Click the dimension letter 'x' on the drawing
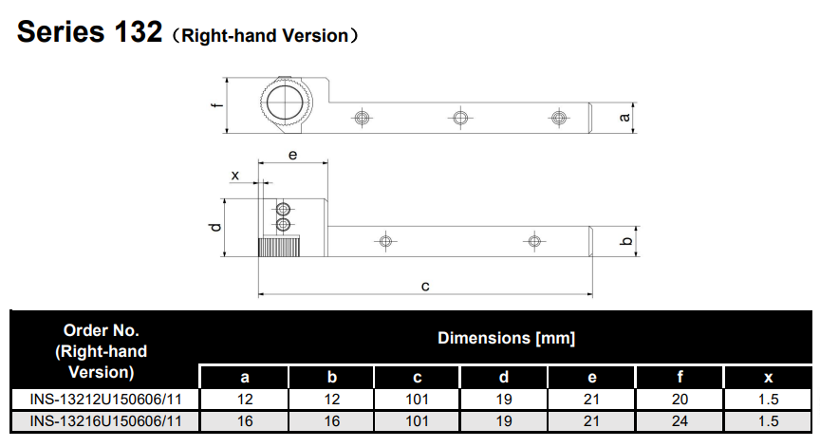(234, 176)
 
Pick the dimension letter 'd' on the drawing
(216, 227)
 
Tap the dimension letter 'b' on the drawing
(624, 241)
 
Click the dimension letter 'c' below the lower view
(425, 285)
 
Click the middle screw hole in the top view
(460, 118)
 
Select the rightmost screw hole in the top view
(558, 118)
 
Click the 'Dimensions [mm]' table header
(506, 338)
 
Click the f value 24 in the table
(680, 420)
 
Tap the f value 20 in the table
(680, 400)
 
